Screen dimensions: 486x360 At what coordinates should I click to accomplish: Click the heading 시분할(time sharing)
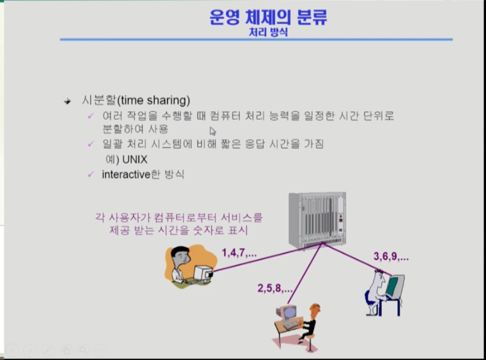click(x=136, y=100)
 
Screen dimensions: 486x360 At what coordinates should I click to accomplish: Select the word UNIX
click(x=135, y=160)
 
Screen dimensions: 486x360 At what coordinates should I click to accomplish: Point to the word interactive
click(x=126, y=174)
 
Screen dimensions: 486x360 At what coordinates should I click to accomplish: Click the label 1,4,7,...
click(x=239, y=253)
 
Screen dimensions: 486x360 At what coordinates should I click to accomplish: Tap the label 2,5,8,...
click(x=275, y=288)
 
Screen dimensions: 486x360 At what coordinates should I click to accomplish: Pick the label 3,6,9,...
click(x=391, y=256)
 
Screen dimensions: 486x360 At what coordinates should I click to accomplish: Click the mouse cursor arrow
click(x=213, y=131)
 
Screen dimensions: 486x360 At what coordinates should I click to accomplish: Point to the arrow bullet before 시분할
click(x=67, y=101)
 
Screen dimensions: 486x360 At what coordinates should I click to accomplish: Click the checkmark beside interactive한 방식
click(x=90, y=174)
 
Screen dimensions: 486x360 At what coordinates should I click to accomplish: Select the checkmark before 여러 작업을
click(x=90, y=116)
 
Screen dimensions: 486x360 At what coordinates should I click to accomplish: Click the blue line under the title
click(x=256, y=39)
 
